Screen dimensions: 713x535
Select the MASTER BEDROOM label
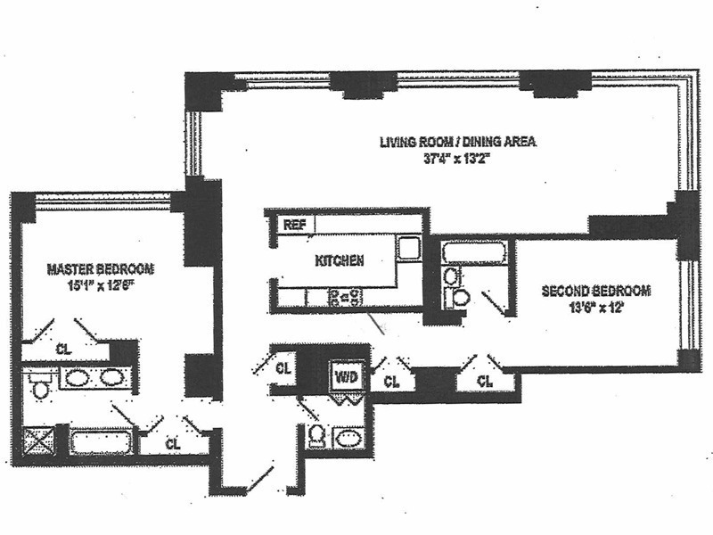(x=101, y=268)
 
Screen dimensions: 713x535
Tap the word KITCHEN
(x=340, y=261)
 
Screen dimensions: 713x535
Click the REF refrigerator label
(x=294, y=225)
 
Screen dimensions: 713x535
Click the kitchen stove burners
(x=342, y=297)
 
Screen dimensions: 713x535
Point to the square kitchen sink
(x=408, y=248)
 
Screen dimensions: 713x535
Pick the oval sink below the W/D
(x=348, y=439)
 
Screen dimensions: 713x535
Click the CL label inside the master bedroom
(x=63, y=349)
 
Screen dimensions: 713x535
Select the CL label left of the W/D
(x=283, y=367)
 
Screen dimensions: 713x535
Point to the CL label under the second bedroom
(x=485, y=381)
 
